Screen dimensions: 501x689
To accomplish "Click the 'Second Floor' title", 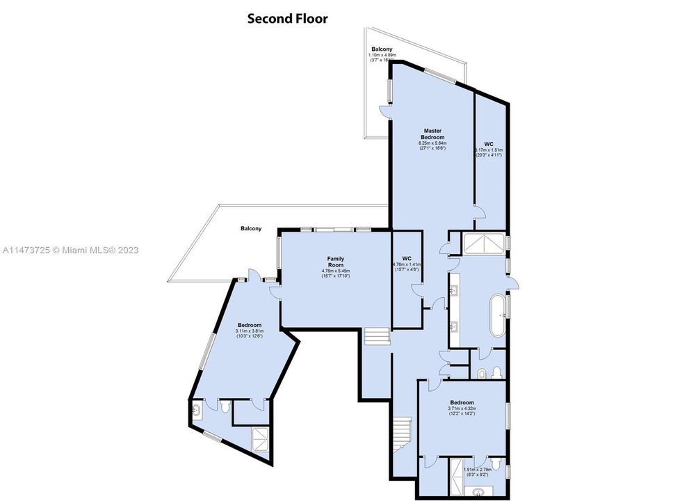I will point(287,19).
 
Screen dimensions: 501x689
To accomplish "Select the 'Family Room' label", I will point(336,262).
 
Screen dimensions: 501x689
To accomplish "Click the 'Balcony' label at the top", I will point(382,49).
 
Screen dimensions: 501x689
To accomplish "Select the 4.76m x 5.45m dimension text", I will point(336,273).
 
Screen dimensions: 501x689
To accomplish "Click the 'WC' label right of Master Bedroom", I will point(489,143).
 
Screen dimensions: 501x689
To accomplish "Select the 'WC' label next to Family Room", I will point(406,259).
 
